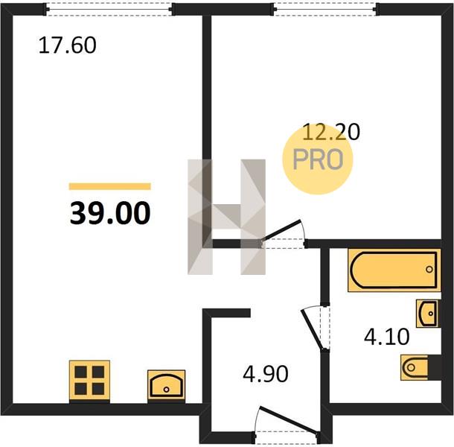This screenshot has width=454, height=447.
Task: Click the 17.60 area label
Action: (67, 45)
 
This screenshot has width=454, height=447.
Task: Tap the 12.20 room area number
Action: (331, 132)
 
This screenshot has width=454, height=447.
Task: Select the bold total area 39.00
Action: (110, 213)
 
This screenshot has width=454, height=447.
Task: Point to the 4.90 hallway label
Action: (266, 373)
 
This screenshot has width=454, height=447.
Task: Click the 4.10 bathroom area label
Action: (386, 337)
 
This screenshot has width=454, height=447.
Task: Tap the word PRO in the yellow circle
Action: (318, 159)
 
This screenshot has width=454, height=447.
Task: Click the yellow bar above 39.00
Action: (109, 186)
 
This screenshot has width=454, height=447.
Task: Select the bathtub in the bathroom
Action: (394, 270)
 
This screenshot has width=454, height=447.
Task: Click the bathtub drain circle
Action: (429, 269)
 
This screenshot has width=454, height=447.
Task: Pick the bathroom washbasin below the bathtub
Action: (426, 314)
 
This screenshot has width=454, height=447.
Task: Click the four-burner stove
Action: (89, 381)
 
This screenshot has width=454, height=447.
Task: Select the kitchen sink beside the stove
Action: (166, 386)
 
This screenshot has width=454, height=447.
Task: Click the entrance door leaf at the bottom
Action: (289, 420)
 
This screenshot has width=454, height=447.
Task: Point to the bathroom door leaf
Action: (312, 329)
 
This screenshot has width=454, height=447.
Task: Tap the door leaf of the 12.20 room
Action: (281, 230)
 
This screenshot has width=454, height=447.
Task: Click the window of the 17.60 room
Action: (109, 9)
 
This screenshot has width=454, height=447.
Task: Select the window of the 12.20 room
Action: (325, 9)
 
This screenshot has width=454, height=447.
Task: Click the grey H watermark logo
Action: (227, 217)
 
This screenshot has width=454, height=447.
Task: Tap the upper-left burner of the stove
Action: (81, 372)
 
